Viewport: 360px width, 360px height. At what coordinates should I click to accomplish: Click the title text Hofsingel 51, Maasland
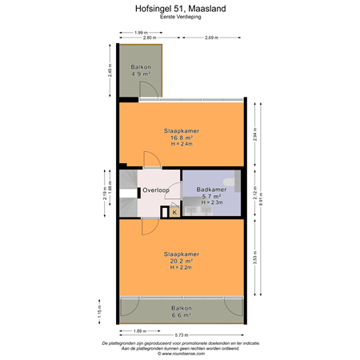180,10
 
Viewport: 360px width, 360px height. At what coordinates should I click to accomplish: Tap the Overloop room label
155,190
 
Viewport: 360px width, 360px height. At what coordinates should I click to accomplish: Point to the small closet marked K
174,212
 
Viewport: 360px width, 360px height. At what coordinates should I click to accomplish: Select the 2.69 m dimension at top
213,38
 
